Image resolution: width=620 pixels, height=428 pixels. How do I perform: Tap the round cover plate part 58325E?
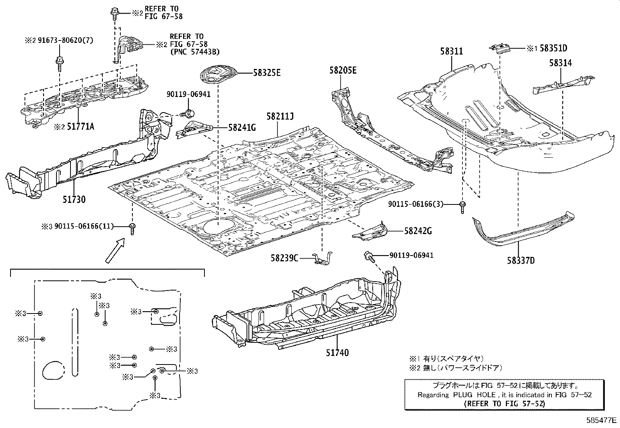tap(218, 75)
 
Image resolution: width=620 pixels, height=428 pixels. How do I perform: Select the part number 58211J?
tap(280, 116)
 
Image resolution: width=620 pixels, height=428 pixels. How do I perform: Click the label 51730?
tap(74, 199)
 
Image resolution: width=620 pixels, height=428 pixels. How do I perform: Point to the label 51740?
tap(337, 353)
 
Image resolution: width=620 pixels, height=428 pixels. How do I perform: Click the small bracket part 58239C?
tap(323, 258)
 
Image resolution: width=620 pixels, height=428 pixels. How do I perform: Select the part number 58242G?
tap(418, 231)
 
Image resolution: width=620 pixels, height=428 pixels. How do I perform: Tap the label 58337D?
tap(521, 260)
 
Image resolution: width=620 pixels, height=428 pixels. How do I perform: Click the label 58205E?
tap(342, 70)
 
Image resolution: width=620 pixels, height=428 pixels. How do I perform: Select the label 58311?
tap(452, 51)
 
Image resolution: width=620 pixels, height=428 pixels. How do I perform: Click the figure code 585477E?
tap(602, 420)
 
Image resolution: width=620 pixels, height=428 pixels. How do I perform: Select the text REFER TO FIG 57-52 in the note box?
tap(504, 403)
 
